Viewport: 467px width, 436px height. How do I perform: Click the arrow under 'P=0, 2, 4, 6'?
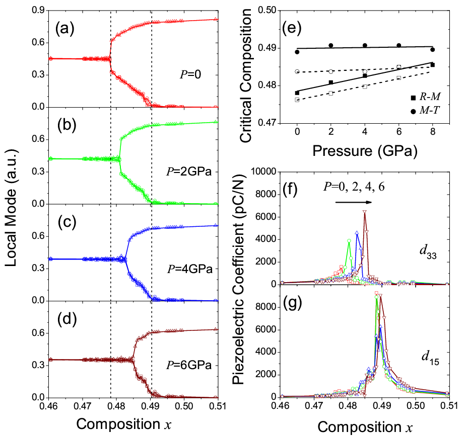[x=354, y=202]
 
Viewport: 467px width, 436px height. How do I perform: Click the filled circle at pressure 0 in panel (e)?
[x=297, y=52]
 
